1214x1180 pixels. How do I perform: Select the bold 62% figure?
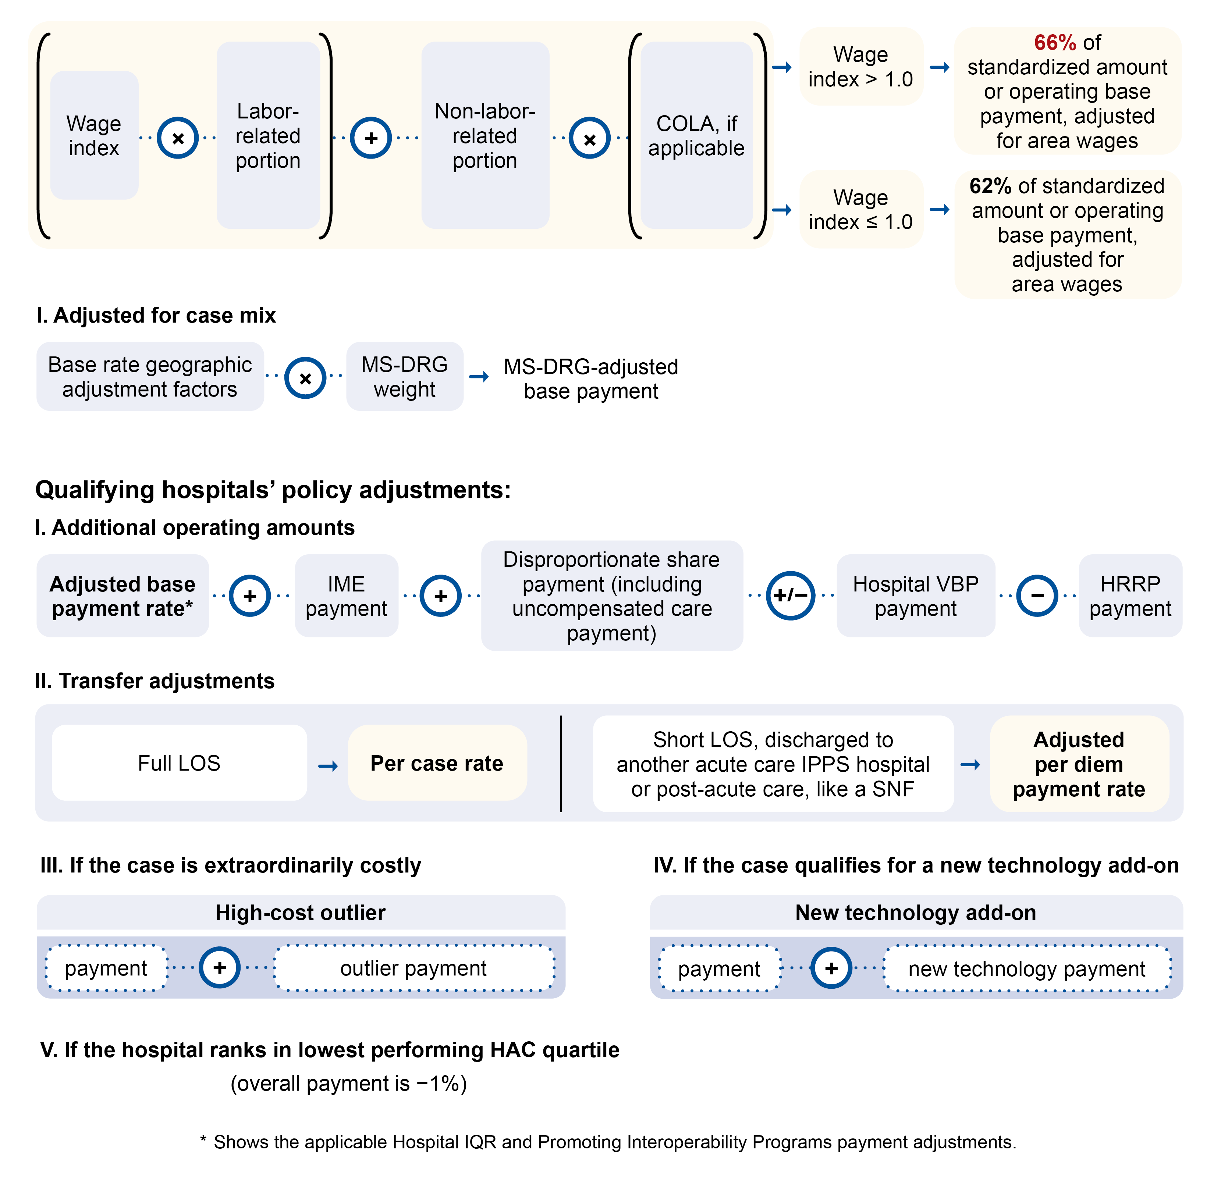(990, 186)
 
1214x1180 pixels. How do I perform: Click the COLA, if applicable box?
(696, 136)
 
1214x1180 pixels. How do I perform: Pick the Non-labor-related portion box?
(484, 136)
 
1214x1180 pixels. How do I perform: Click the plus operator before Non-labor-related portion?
(370, 138)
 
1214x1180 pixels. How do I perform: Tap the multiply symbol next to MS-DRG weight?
(305, 378)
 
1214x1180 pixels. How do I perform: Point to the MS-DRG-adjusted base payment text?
(590, 378)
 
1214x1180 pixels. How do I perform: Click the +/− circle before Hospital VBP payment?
(790, 596)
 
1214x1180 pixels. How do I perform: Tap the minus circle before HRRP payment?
(1037, 596)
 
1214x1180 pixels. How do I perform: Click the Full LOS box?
(179, 763)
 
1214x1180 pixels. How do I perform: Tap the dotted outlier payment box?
(413, 968)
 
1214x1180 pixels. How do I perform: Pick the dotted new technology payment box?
(1026, 968)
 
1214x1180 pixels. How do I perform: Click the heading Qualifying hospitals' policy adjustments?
(273, 490)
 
